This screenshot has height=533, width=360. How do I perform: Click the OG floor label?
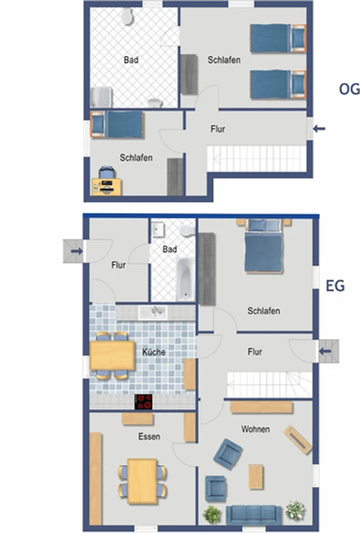[x=349, y=89]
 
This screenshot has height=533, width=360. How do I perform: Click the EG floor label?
[x=335, y=286]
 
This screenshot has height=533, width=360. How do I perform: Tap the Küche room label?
[x=154, y=352]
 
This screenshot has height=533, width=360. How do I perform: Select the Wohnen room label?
[x=255, y=429]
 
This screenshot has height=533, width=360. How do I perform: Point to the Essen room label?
[x=149, y=436]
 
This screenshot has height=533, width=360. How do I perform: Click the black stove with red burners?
[x=143, y=402]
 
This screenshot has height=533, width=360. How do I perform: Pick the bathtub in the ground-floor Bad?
[x=185, y=279]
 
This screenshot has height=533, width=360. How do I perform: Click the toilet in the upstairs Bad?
[x=127, y=16]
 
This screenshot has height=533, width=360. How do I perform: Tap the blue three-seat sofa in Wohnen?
[x=254, y=515]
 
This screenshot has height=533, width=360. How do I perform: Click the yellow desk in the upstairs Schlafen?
[x=107, y=187]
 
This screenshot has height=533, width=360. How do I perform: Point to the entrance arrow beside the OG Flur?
[x=319, y=129]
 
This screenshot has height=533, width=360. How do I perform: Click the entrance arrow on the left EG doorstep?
[x=77, y=251]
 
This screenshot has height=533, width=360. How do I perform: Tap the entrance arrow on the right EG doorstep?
[x=325, y=351]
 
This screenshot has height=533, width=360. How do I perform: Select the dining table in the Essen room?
[x=142, y=481]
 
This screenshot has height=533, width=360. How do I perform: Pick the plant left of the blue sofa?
[x=212, y=514]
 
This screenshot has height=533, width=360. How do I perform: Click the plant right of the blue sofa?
[x=295, y=510]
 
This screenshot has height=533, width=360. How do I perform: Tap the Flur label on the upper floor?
[x=218, y=129]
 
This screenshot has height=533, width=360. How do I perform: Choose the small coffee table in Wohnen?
[x=255, y=476]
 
